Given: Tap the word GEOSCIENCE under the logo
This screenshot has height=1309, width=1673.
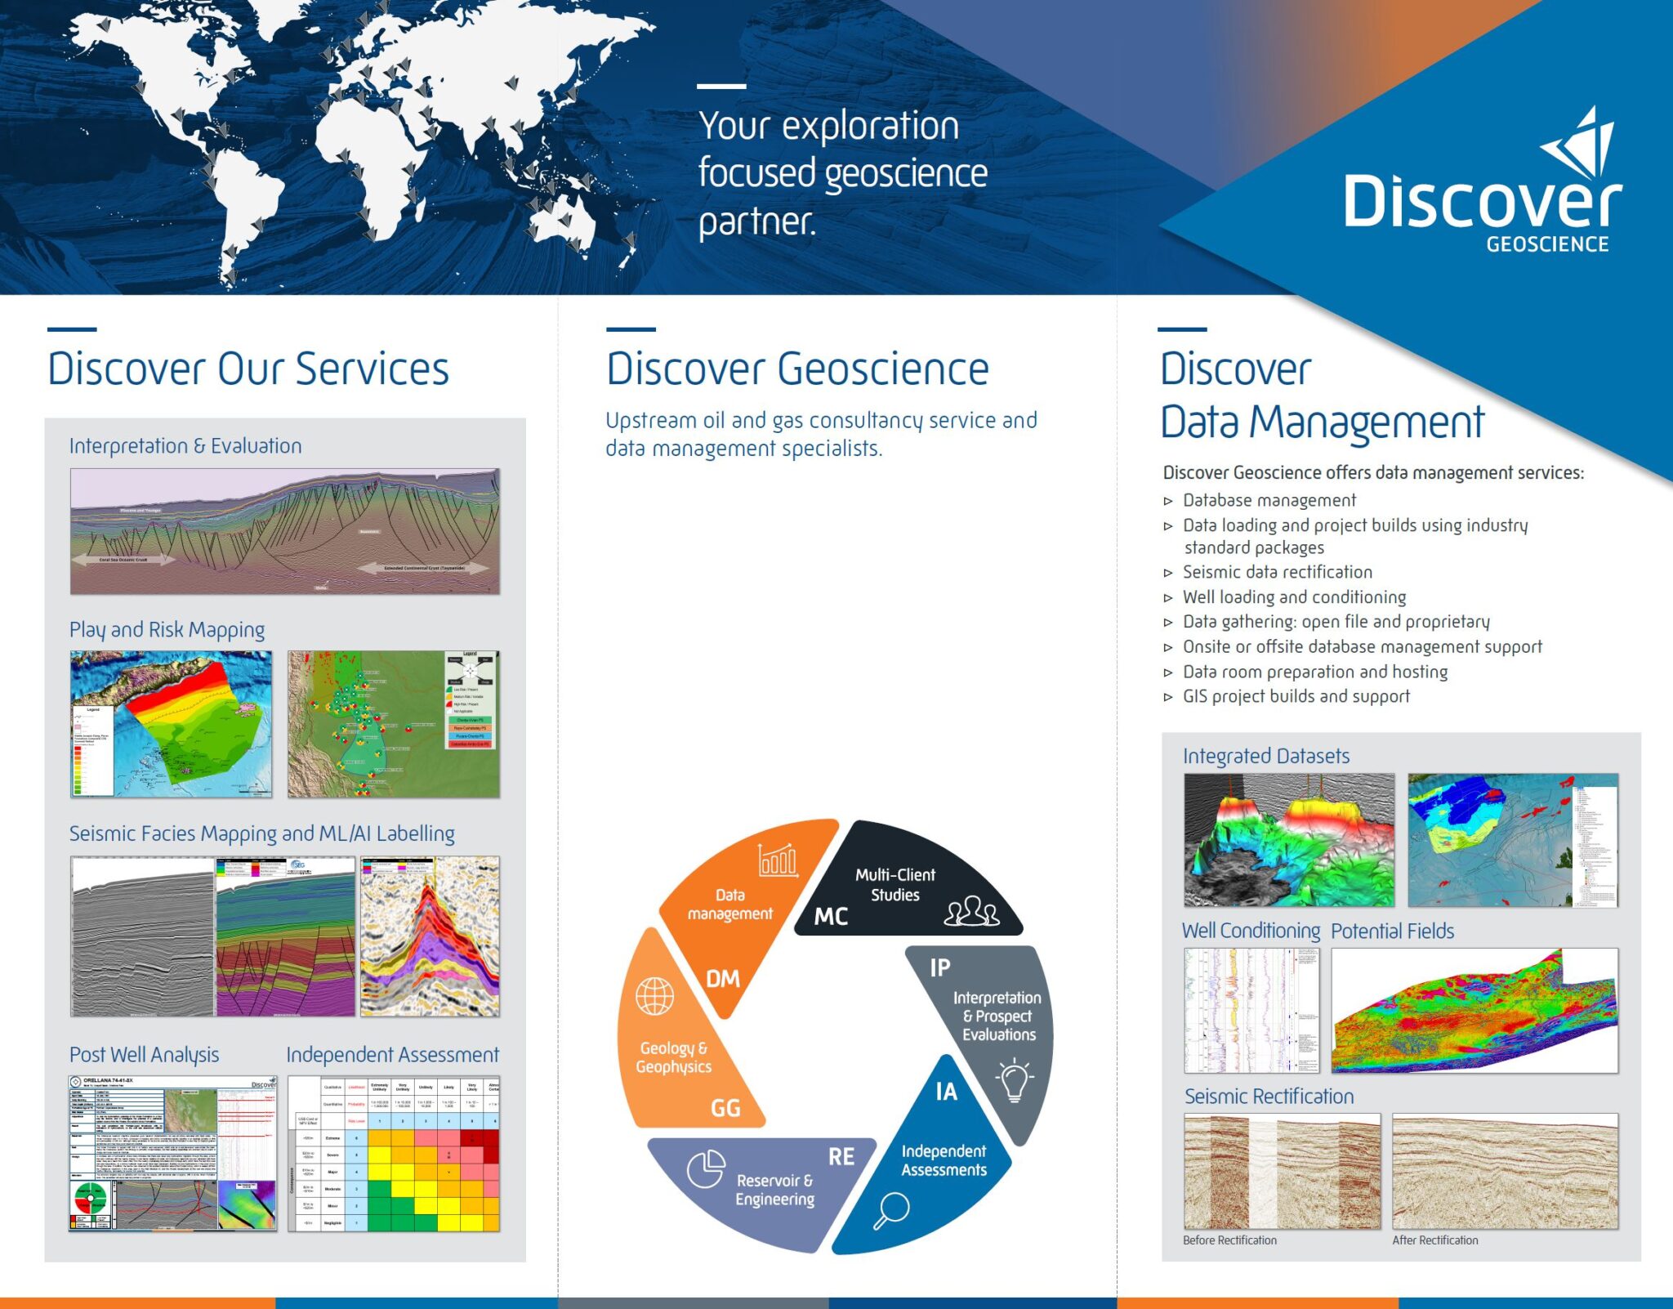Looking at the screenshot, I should pyautogui.click(x=1546, y=244).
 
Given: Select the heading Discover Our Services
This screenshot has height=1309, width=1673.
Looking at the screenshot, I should pyautogui.click(x=248, y=369).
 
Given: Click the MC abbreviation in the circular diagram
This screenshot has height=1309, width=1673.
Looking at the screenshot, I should pyautogui.click(x=831, y=917).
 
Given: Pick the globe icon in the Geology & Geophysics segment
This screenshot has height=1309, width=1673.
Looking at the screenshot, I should pyautogui.click(x=654, y=996).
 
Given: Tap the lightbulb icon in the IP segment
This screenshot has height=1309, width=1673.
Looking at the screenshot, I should pyautogui.click(x=1014, y=1080).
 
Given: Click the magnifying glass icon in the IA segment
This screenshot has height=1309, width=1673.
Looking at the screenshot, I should pyautogui.click(x=890, y=1210).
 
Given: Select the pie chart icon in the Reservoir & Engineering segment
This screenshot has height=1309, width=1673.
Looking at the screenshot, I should pyautogui.click(x=706, y=1168).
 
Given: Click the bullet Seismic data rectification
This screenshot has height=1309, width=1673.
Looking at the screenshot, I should pyautogui.click(x=1277, y=572).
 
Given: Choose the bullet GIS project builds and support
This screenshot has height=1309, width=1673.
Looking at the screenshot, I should pyautogui.click(x=1296, y=696).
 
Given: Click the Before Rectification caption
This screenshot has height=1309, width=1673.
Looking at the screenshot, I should pyautogui.click(x=1229, y=1240).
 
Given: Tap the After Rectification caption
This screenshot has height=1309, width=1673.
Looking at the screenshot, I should pyautogui.click(x=1434, y=1240).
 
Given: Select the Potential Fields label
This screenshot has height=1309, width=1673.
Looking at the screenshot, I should pyautogui.click(x=1392, y=931).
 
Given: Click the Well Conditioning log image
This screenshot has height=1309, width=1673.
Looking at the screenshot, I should pyautogui.click(x=1251, y=1010).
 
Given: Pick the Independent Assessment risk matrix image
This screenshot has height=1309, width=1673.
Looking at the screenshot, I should pyautogui.click(x=393, y=1154).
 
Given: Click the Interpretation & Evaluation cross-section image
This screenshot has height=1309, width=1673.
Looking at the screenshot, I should pyautogui.click(x=284, y=531).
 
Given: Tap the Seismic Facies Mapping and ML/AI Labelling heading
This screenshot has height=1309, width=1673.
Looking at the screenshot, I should pyautogui.click(x=261, y=833).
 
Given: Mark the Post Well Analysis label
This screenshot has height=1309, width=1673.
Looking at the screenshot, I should pyautogui.click(x=144, y=1055).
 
